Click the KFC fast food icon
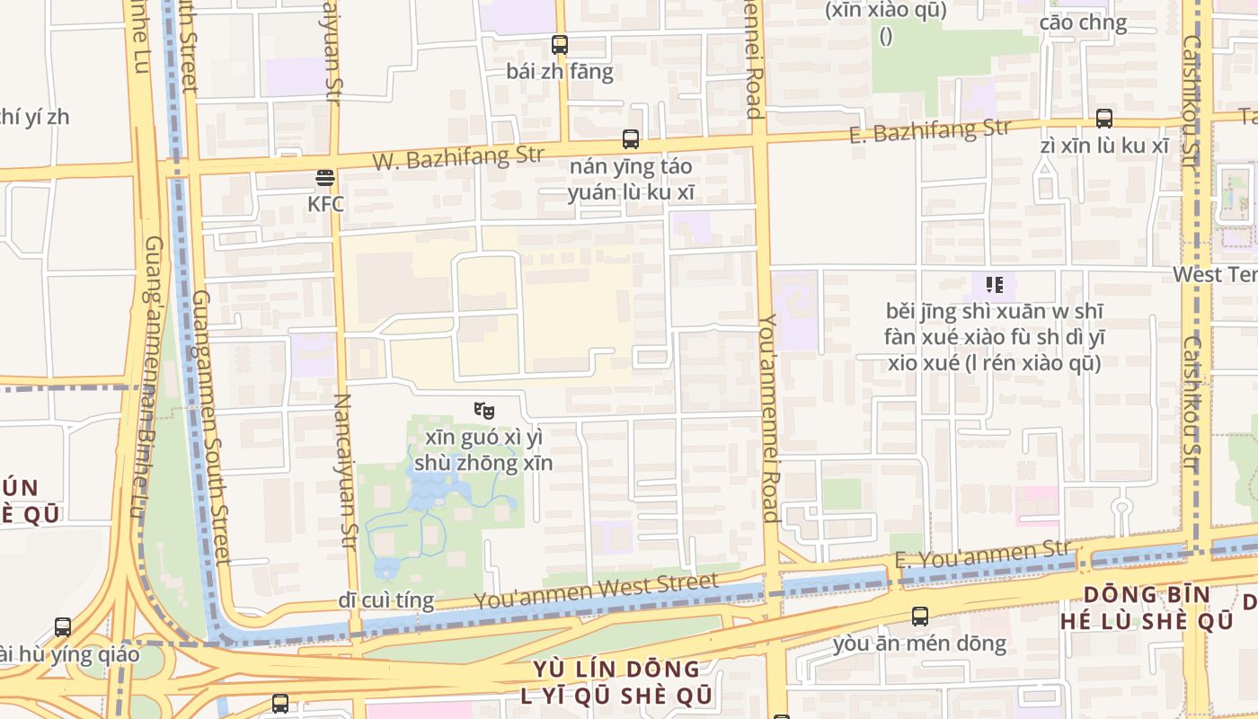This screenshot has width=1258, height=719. click(325, 179)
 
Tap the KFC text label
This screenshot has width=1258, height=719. click(325, 204)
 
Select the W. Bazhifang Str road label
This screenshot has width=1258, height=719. click(458, 158)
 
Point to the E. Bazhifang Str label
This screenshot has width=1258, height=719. click(930, 131)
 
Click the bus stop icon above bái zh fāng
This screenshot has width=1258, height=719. click(560, 44)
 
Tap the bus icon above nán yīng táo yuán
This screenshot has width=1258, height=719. click(631, 139)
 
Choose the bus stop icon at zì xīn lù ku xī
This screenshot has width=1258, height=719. click(1103, 119)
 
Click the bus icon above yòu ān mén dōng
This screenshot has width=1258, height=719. click(920, 617)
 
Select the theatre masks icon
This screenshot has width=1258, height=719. click(484, 411)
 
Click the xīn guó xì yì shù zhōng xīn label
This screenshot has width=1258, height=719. click(483, 450)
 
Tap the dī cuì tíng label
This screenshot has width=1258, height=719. click(386, 599)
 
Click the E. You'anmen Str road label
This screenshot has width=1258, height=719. click(982, 553)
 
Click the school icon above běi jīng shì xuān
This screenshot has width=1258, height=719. click(994, 285)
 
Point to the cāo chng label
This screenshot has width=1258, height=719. click(1083, 22)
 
